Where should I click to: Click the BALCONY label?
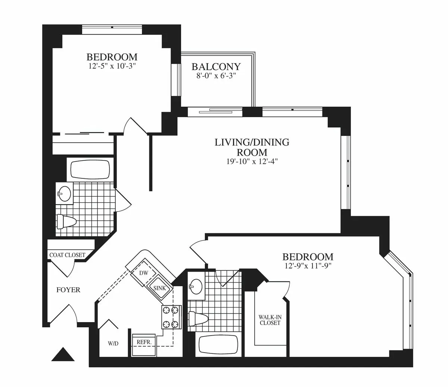(x=216, y=67)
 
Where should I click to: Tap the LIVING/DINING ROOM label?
(x=252, y=147)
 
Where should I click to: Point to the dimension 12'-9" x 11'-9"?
(x=308, y=266)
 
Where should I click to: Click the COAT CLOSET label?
(x=67, y=255)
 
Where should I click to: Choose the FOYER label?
(x=68, y=290)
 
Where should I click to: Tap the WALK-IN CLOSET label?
(x=270, y=320)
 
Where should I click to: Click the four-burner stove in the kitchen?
(x=171, y=317)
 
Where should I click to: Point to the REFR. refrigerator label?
(x=143, y=341)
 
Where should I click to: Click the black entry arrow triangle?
(x=63, y=355)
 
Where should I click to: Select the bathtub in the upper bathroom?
(x=90, y=170)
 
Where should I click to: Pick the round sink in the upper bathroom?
(x=65, y=193)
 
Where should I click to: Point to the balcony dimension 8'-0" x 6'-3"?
(x=216, y=76)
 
